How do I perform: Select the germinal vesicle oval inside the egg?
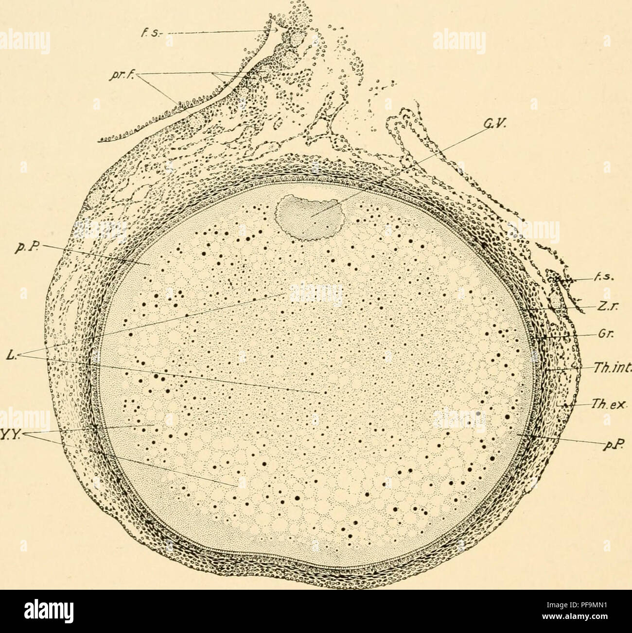coord(310,217)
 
